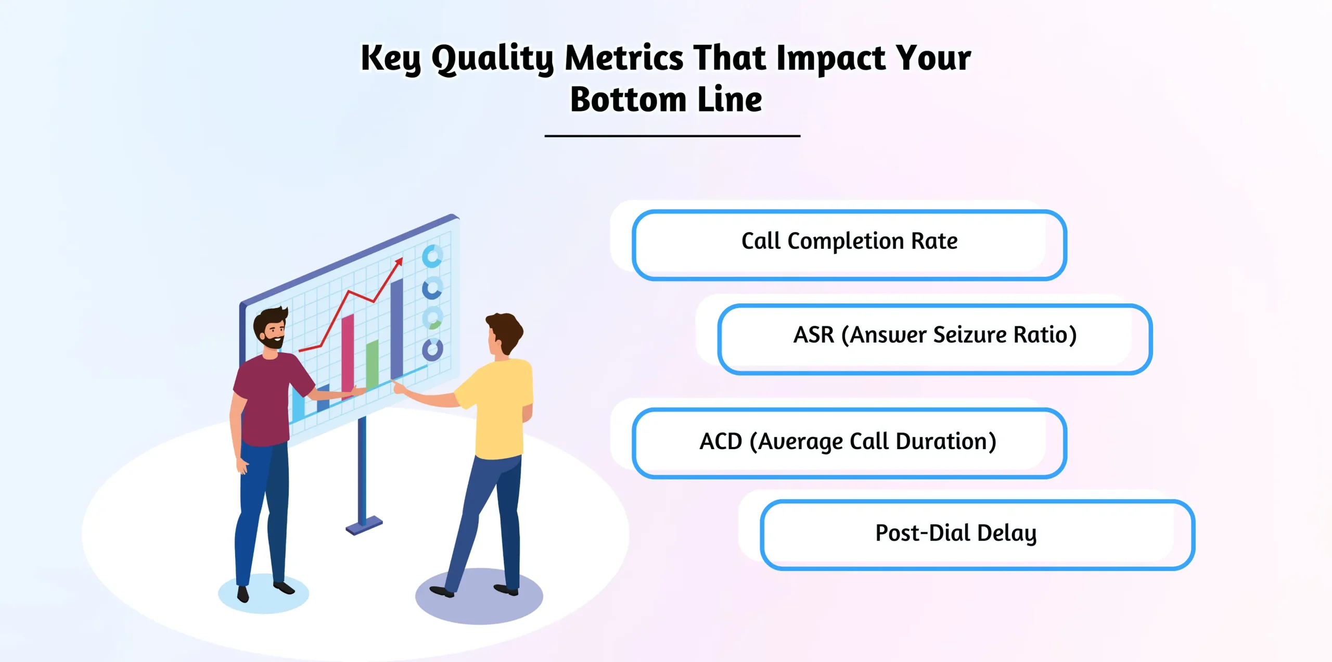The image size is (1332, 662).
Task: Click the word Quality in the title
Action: pyautogui.click(x=492, y=58)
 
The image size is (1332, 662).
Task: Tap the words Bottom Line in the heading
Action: pyautogui.click(x=666, y=99)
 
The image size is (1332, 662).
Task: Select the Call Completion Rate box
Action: pyautogui.click(x=849, y=245)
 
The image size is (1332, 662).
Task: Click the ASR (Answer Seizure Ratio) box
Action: pyautogui.click(x=934, y=338)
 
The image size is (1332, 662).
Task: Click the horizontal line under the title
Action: pyautogui.click(x=672, y=136)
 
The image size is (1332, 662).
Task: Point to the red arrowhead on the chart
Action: pyautogui.click(x=399, y=261)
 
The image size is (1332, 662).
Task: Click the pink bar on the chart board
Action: pyautogui.click(x=348, y=354)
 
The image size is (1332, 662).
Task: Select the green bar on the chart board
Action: pyautogui.click(x=372, y=364)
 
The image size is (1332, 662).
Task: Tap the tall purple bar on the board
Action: pyautogui.click(x=396, y=328)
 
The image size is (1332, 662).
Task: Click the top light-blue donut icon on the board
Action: pyautogui.click(x=432, y=256)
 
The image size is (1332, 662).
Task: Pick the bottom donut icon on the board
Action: pyautogui.click(x=432, y=350)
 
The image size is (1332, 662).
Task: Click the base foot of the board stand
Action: pyautogui.click(x=364, y=526)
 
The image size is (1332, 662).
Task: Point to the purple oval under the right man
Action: pyautogui.click(x=479, y=604)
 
